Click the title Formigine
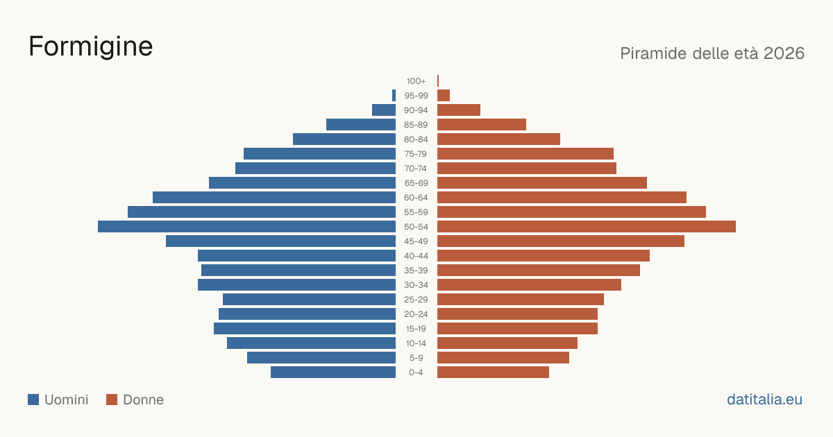[x=91, y=47]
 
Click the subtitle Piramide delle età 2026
[x=712, y=53]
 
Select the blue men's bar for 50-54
[x=246, y=227]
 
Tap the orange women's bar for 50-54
[x=587, y=227]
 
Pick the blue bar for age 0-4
[x=333, y=372]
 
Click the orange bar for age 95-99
[x=444, y=96]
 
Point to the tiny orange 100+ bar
[x=438, y=81]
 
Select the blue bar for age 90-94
[x=384, y=110]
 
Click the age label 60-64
[x=416, y=198]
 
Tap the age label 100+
[x=416, y=81]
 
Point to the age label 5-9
[x=416, y=358]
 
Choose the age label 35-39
[x=416, y=271]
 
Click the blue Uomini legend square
[x=33, y=400]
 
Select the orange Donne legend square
[x=112, y=400]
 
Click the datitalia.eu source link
[x=764, y=400]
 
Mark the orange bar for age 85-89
[x=482, y=124]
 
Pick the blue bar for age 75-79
[x=319, y=154]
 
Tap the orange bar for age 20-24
[x=517, y=314]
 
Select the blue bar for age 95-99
[x=394, y=96]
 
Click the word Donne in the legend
[x=144, y=400]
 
